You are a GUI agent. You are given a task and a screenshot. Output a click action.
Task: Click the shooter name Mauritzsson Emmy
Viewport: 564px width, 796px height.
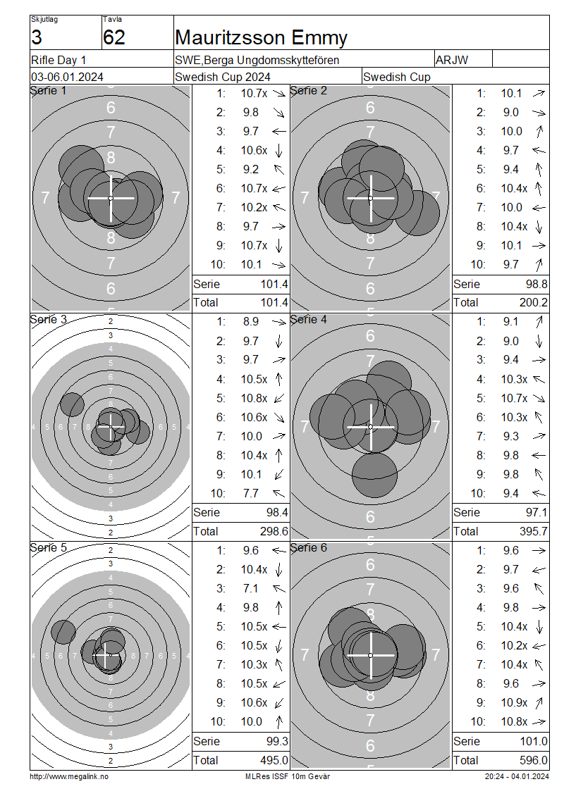click(x=261, y=37)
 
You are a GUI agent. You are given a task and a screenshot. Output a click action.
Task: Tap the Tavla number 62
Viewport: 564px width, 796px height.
click(x=114, y=37)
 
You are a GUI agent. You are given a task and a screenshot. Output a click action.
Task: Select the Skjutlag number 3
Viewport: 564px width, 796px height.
click(x=37, y=37)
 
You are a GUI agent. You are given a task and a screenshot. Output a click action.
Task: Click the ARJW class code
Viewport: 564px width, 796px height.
click(x=451, y=60)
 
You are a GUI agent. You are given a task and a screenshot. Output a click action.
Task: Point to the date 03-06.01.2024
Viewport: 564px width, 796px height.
click(x=67, y=77)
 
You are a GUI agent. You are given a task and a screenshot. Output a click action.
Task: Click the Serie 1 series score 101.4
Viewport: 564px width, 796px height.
click(x=274, y=285)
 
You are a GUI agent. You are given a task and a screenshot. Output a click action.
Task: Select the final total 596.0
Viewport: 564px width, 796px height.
click(x=534, y=761)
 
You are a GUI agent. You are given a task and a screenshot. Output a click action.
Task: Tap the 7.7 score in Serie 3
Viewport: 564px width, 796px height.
click(x=250, y=493)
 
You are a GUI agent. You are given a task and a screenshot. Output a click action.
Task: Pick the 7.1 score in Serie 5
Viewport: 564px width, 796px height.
click(x=250, y=588)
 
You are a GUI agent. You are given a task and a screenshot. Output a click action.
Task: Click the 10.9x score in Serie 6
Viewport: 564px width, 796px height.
click(x=514, y=702)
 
